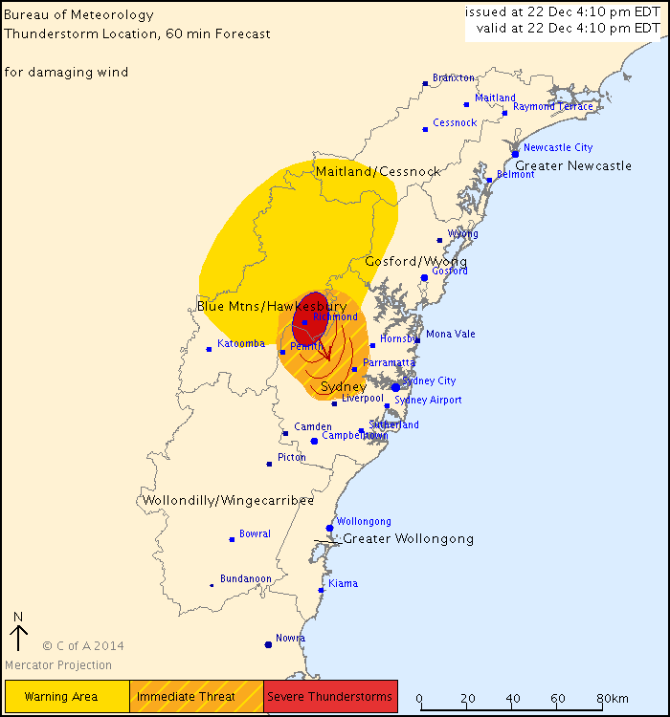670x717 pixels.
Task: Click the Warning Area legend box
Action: (x=67, y=697)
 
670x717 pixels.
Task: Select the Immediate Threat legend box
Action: (x=196, y=697)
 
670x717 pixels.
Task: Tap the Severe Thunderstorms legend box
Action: (x=330, y=697)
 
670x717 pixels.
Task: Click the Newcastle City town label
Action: (x=558, y=148)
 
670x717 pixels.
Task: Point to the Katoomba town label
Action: (x=240, y=343)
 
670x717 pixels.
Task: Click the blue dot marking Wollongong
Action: (x=330, y=528)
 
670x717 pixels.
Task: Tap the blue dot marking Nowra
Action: (x=268, y=644)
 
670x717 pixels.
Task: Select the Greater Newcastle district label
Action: (x=573, y=165)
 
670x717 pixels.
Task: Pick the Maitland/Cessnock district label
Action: (x=378, y=171)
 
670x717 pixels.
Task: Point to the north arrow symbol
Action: (x=18, y=635)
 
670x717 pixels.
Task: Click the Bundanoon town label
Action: (x=246, y=579)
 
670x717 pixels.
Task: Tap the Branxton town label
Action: (x=454, y=77)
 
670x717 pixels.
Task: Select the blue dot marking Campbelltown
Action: (x=314, y=441)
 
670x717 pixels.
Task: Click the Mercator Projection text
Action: (x=58, y=665)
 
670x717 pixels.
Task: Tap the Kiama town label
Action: (x=343, y=583)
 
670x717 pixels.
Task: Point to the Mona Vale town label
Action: (x=450, y=335)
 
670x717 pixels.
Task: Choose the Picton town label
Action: (x=291, y=458)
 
